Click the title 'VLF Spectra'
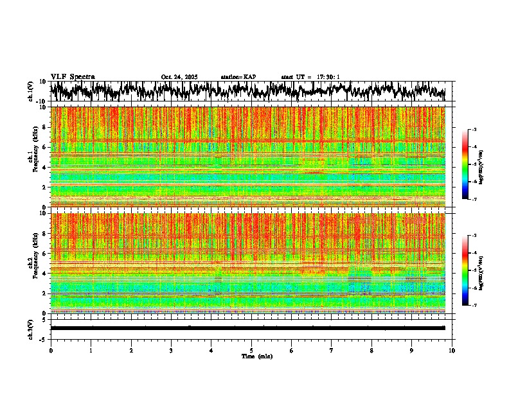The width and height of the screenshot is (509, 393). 73,76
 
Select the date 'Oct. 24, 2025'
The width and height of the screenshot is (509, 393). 179,77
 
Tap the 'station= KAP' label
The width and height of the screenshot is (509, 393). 238,77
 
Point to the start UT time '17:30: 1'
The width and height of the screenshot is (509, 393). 328,77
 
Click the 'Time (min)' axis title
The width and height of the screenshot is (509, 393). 256,356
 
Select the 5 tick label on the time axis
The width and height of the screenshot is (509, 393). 251,350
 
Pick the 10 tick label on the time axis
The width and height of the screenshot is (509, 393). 452,350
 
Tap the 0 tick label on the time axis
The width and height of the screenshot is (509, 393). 51,350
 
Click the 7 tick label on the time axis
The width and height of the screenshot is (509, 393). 332,350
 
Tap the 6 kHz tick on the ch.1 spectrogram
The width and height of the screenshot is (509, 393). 44,147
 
